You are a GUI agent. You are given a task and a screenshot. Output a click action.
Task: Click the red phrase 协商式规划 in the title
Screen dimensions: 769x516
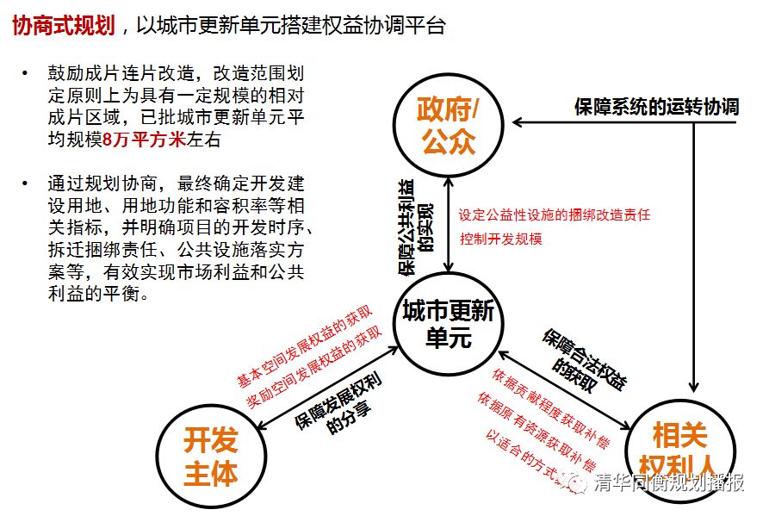pos(65,25)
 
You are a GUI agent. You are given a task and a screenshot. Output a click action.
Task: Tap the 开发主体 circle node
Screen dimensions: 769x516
pos(210,457)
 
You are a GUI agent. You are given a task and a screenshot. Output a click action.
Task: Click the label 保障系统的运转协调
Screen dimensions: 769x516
pos(656,108)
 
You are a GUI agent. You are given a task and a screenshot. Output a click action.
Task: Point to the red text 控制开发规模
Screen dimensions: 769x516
pos(500,239)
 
